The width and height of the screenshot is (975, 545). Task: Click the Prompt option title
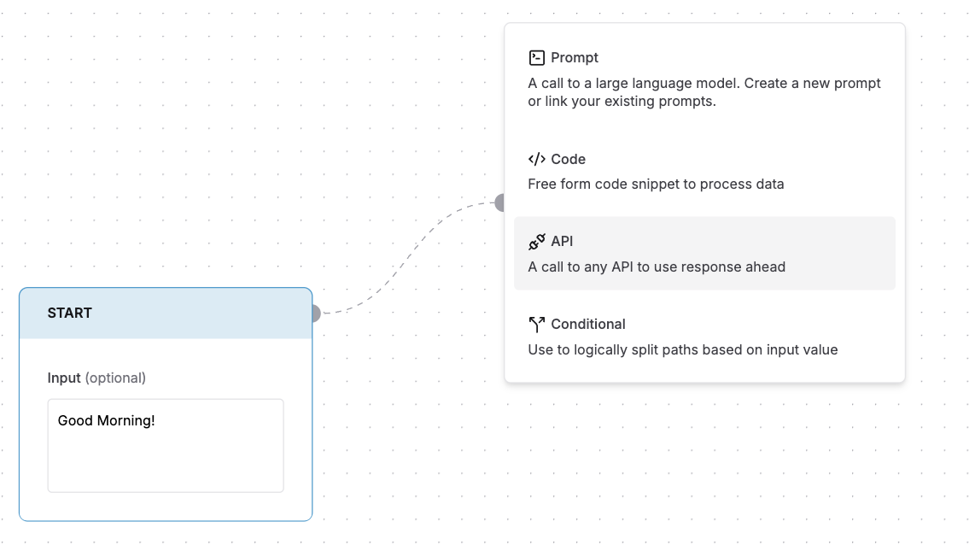575,57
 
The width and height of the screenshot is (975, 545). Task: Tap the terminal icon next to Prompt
536,57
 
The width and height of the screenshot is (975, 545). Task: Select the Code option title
568,159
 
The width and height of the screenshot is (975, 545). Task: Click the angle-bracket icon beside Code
536,159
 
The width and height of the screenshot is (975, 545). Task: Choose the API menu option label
562,242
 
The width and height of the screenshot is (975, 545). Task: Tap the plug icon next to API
536,242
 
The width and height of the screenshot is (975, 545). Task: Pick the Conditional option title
588,324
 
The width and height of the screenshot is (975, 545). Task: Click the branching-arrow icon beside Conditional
536,324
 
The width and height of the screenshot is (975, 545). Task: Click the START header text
70,313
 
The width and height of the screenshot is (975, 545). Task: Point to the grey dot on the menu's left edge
500,202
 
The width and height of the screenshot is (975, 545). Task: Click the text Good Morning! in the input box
106,420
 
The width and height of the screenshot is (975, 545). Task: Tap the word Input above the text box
64,378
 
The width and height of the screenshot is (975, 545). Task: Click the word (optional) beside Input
115,378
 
